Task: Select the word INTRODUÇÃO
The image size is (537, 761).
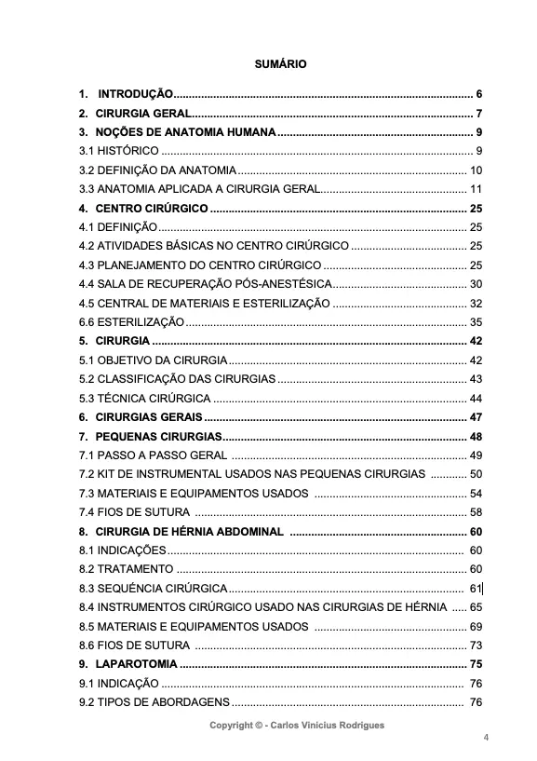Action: tap(136, 94)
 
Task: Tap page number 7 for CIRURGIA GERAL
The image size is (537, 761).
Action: tap(478, 114)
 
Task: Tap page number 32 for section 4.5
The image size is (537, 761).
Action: tap(476, 304)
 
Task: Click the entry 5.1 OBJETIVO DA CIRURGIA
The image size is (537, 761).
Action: tap(153, 360)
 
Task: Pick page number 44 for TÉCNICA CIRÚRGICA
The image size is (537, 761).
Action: tap(476, 399)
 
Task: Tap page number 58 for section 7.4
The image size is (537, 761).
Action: tap(476, 512)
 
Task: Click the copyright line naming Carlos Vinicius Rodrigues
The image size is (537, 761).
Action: tap(296, 725)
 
